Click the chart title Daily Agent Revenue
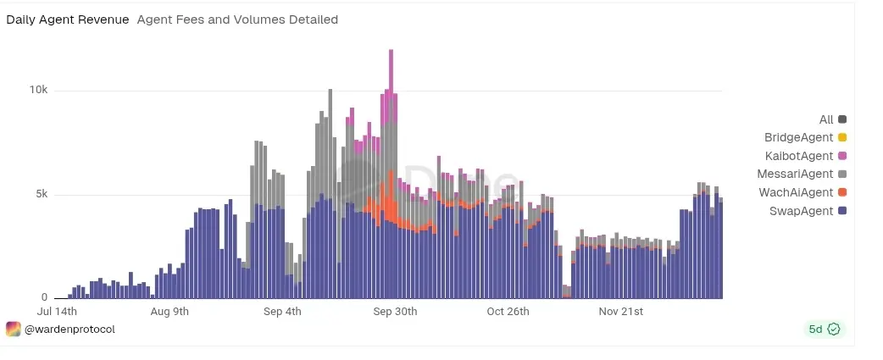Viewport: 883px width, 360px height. [x=68, y=19]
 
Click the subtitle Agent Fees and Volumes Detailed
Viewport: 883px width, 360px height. [x=237, y=19]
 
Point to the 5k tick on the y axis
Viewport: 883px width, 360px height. [x=41, y=195]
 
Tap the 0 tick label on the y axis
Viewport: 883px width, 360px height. [x=46, y=298]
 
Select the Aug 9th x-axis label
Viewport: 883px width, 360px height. [x=169, y=312]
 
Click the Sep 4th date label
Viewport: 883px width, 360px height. [x=282, y=312]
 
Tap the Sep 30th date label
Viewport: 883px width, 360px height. [x=395, y=312]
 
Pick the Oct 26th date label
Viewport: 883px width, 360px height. [x=508, y=312]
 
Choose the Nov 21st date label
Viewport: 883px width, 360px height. [x=620, y=312]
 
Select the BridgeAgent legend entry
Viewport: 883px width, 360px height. [x=805, y=137]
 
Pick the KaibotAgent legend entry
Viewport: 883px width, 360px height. [x=805, y=156]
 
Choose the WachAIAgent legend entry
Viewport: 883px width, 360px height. [x=802, y=192]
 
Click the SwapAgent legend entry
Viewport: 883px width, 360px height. [x=808, y=211]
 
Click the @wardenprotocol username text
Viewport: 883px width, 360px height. [x=69, y=329]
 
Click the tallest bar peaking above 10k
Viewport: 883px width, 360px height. [x=392, y=169]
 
